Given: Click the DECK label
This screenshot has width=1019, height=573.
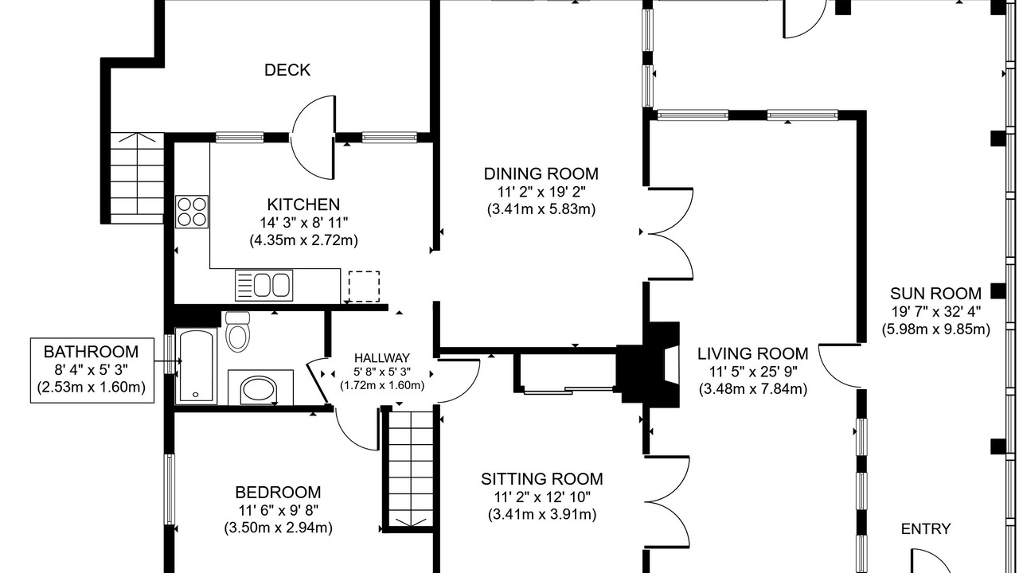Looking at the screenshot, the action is [287, 70].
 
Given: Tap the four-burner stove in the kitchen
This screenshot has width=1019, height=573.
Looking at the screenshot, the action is [192, 212].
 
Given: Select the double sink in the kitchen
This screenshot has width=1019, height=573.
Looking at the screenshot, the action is [264, 285].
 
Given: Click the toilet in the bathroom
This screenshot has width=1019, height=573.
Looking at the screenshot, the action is [237, 332].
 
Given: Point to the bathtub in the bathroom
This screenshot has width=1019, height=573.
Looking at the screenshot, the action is [196, 366].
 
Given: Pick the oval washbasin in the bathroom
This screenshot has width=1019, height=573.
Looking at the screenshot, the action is [259, 390].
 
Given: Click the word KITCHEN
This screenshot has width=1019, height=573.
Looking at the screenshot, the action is [303, 205].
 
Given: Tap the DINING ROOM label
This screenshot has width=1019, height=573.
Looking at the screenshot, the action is [541, 173].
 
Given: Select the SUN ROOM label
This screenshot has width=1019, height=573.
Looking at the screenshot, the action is [935, 294].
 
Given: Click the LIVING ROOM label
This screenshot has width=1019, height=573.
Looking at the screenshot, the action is [753, 353].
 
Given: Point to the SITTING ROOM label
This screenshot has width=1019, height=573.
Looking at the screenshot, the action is [542, 479].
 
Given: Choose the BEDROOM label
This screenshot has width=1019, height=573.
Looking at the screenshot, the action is [278, 493].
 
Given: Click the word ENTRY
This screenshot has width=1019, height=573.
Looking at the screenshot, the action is [926, 529].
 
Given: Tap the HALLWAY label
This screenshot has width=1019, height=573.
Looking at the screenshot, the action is [382, 358].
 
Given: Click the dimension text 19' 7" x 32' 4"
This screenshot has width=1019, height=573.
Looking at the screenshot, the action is [935, 311].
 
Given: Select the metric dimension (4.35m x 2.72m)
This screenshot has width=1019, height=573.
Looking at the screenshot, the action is [303, 240].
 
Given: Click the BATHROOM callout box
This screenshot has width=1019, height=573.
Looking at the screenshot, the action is [92, 370].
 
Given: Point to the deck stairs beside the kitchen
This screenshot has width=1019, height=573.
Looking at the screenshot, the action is [137, 177].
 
